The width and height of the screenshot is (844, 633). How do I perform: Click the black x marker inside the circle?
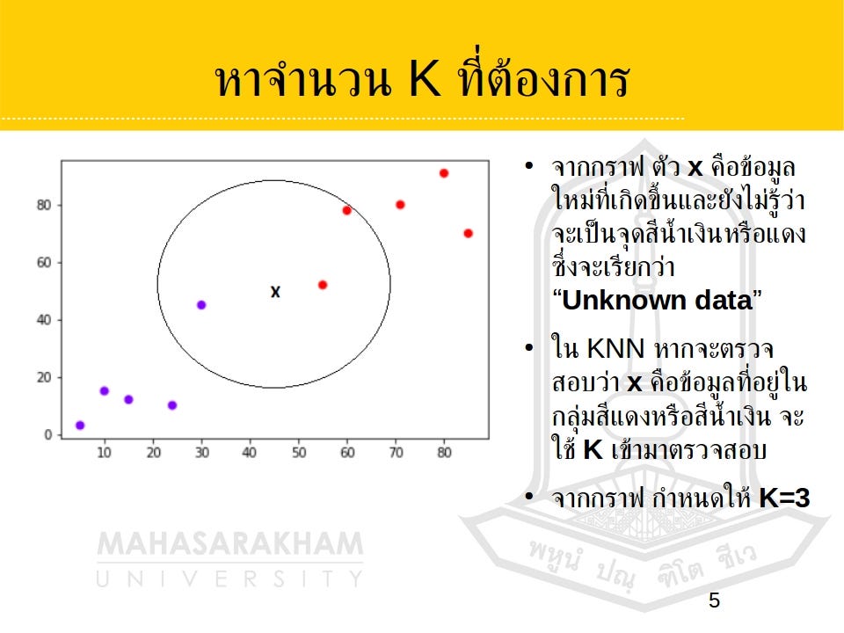275,292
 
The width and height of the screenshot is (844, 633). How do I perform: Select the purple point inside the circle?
201,305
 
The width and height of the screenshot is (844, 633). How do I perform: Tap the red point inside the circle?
323,285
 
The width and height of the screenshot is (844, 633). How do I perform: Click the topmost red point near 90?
444,173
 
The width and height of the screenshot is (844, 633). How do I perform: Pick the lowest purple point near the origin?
80,426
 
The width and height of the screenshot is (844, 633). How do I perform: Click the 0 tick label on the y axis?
48,434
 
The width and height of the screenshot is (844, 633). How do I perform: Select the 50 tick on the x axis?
299,453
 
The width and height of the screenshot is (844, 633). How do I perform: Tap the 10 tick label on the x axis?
104,453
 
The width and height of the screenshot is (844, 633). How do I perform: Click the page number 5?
714,601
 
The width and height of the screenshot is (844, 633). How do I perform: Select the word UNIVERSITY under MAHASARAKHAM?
229,578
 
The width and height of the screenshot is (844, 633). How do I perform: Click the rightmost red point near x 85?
468,233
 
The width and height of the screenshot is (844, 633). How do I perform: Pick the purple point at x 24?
172,405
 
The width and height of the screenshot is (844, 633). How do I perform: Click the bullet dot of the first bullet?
528,166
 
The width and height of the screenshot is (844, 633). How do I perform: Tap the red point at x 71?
400,205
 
